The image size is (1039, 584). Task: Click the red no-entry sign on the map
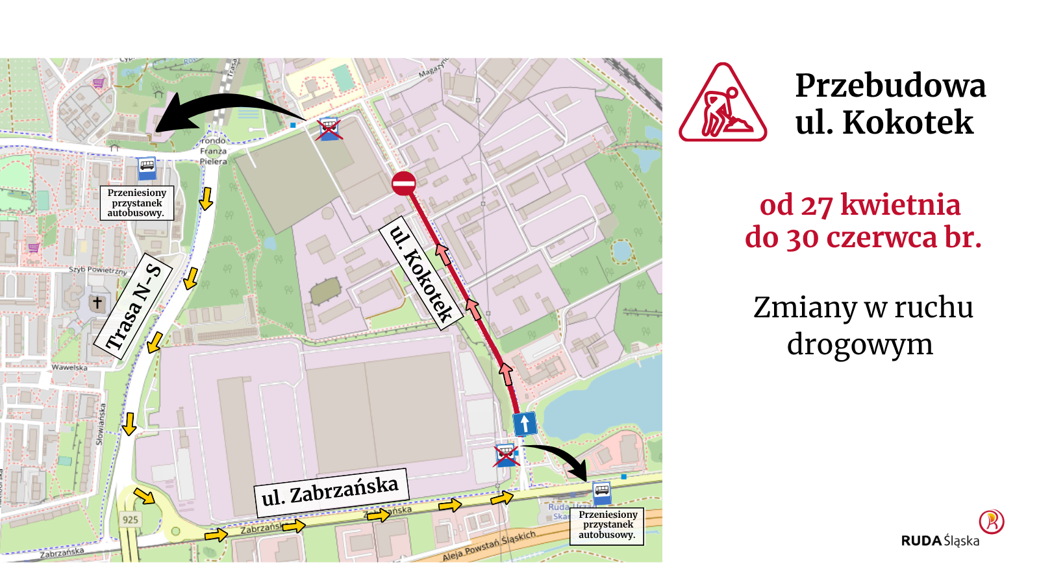[x=404, y=183]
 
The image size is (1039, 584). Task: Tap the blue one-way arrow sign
[x=525, y=424]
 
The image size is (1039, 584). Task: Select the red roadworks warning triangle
[x=723, y=104]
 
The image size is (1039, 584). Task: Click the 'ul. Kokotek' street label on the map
[x=421, y=273]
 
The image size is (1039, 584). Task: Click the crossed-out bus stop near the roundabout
[x=329, y=129]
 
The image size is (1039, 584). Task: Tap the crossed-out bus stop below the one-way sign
[x=505, y=455]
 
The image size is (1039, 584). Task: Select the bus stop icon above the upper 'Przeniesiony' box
[x=147, y=169]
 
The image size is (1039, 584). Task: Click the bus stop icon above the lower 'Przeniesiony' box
[x=602, y=493]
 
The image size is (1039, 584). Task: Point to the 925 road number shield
[x=130, y=519]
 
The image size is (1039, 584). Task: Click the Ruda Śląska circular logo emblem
[x=992, y=521]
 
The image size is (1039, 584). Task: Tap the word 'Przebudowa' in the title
[x=890, y=86]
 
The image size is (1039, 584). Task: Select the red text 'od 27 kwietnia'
[x=860, y=205]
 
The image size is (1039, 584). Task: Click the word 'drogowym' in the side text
[x=860, y=344]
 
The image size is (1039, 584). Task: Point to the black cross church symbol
[x=97, y=302]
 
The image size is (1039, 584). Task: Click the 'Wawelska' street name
[x=69, y=367]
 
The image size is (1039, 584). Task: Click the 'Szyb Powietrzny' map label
[x=98, y=269]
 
